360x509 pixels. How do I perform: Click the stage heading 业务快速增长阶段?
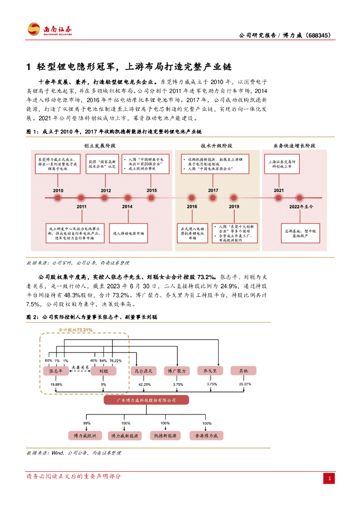pos(294,146)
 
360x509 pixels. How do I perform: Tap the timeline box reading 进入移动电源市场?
pos(128,233)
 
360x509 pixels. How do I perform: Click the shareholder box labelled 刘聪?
pos(103,371)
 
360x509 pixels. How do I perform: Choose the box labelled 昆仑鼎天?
pos(144,371)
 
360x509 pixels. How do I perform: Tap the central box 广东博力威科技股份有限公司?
pos(146,400)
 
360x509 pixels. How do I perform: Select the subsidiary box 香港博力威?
pos(207,435)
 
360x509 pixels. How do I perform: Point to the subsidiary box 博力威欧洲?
pos(88,435)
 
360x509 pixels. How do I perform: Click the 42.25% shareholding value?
pos(145,384)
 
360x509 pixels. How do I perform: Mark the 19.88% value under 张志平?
pos(56,384)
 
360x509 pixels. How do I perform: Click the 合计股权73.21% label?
pos(76,330)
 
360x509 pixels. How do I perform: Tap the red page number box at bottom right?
pos(329,478)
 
